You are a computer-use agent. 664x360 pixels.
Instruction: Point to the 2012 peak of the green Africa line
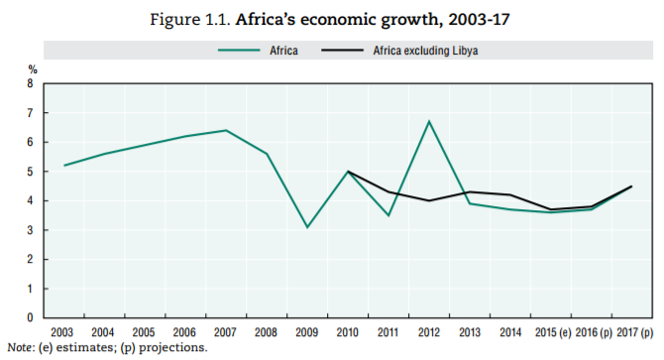(428, 121)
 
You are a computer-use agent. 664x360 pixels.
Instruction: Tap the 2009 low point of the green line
(307, 227)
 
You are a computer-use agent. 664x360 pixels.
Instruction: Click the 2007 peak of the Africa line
(226, 130)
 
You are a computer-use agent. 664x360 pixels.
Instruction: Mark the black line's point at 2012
(428, 200)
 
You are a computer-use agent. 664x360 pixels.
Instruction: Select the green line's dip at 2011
(388, 215)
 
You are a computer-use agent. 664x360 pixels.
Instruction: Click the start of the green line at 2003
(64, 166)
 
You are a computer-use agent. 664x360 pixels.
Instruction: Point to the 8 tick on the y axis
(33, 84)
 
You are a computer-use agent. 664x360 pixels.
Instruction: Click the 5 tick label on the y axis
(33, 172)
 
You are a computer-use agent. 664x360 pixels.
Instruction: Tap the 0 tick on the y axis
(33, 318)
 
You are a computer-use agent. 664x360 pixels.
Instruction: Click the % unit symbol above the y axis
(32, 69)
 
